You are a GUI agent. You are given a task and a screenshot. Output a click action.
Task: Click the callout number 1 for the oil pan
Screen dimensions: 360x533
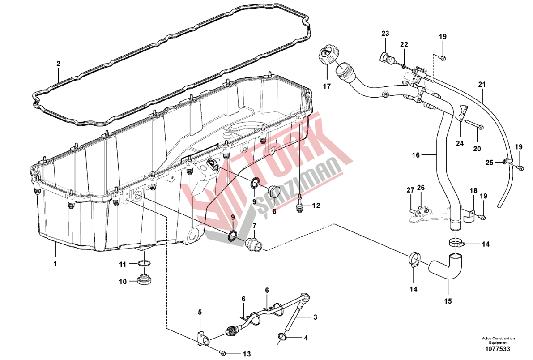coord(55,264)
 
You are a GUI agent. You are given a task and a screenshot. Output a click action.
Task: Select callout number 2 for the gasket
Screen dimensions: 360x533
coord(58,64)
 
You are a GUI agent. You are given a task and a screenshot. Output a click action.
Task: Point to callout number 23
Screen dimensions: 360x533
coord(385,34)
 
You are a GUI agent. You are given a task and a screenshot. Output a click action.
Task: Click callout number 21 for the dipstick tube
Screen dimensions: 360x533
coord(482,84)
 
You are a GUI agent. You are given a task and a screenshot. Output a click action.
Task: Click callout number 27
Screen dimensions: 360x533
coord(410,190)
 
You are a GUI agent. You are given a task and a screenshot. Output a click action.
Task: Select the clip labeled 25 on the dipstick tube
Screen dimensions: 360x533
coord(506,161)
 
